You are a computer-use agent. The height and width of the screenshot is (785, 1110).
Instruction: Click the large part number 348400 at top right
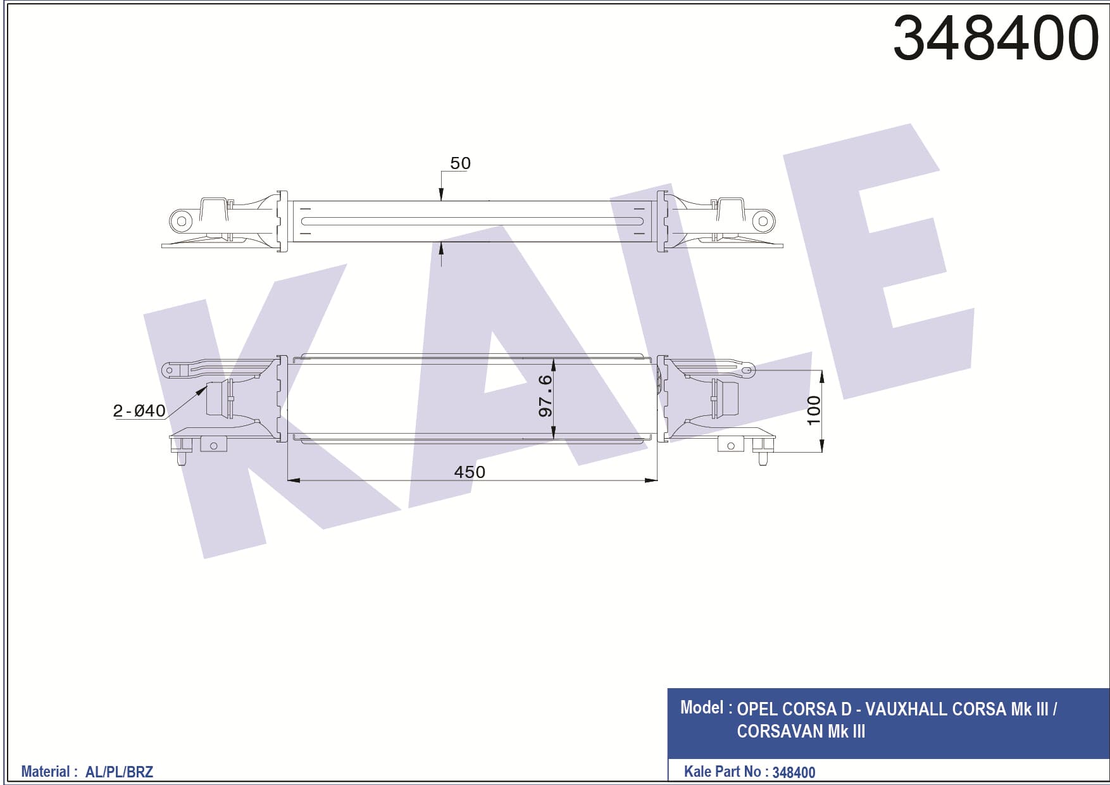pos(995,38)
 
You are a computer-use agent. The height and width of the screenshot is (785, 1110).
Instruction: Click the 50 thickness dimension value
pos(460,163)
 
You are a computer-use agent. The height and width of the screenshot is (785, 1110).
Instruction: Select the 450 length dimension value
pos(470,472)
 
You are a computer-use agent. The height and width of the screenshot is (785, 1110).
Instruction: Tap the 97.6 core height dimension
pos(546,396)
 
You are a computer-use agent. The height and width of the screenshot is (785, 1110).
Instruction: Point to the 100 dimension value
pos(814,410)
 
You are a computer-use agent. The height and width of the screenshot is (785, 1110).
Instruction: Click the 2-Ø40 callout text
pos(139,411)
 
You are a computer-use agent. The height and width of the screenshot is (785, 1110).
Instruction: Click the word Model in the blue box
pos(702,707)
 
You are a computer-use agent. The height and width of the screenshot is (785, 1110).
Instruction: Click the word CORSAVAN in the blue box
pos(780,731)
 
